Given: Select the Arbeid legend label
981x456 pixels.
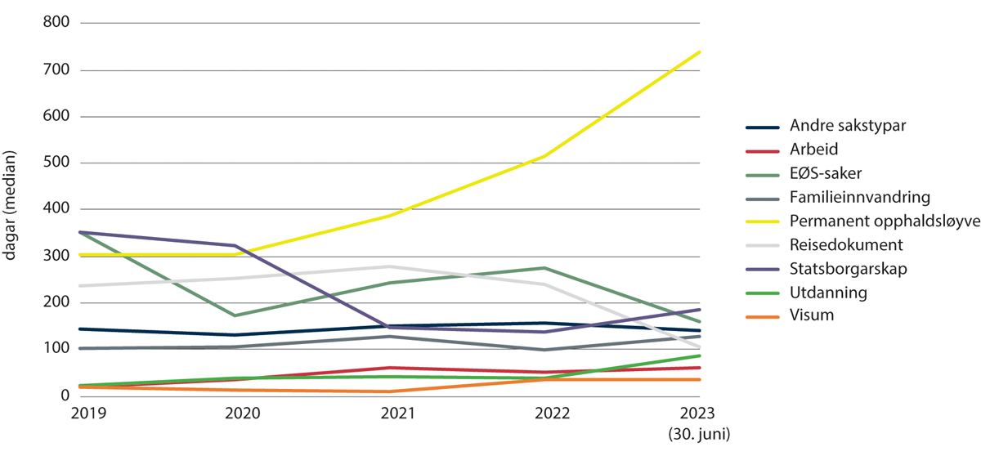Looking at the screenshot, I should (813, 150).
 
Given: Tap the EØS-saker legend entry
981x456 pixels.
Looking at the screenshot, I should (824, 174).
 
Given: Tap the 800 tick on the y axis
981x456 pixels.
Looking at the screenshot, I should (58, 23).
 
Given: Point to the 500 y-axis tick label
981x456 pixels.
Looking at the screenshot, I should (58, 163).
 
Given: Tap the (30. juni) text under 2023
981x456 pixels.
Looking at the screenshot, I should (701, 431).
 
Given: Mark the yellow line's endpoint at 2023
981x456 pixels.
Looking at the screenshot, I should (701, 51).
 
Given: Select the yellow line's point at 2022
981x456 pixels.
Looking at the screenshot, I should (546, 155).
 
